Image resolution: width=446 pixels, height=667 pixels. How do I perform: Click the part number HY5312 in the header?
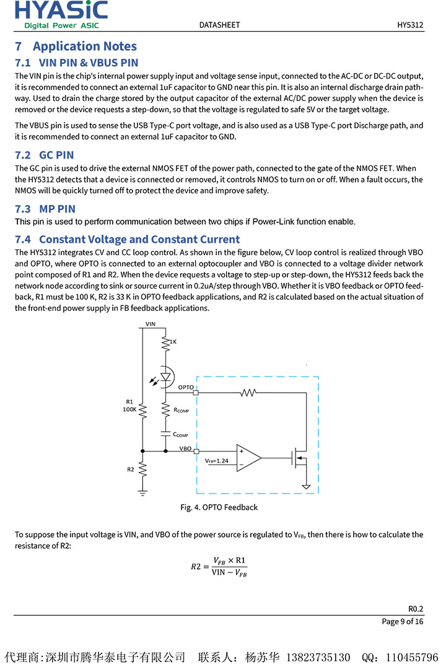[410, 25]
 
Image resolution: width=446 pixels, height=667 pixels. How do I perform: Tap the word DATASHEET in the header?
[219, 25]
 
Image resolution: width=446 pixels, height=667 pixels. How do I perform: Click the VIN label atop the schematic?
[151, 324]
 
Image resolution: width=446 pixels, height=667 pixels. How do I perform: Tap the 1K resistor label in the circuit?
[173, 341]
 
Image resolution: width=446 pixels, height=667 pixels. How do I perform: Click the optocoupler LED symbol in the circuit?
[165, 376]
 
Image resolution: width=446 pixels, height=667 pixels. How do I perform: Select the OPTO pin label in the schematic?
[185, 387]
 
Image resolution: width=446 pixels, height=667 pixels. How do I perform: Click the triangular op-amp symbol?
[248, 458]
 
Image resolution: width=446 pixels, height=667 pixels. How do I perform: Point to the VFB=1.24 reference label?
[216, 461]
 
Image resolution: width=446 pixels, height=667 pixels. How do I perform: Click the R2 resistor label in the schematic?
[131, 469]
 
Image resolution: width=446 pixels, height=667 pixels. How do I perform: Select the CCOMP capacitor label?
[180, 435]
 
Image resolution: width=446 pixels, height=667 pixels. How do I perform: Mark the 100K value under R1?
[129, 409]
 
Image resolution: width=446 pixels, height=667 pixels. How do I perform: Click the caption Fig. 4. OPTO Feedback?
[219, 507]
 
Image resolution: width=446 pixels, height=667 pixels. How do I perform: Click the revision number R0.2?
[416, 608]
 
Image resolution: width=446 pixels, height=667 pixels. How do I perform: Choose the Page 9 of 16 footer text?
[403, 621]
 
